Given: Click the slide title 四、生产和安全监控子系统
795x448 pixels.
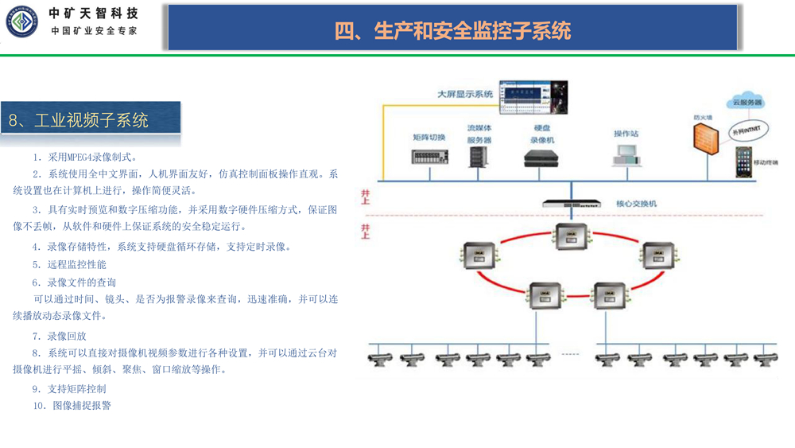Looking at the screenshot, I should click(452, 31).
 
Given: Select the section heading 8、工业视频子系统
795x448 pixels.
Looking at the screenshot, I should click(79, 121).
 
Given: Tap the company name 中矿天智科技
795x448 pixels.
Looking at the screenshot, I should click(93, 14).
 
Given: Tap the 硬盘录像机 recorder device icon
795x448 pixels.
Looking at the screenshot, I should click(542, 158).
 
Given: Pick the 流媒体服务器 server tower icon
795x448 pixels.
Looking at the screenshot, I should click(479, 156).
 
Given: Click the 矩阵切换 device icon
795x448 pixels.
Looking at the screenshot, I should click(429, 156).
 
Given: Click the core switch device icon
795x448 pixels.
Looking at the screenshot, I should click(570, 204).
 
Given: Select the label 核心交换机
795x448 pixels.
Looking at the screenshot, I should click(637, 204).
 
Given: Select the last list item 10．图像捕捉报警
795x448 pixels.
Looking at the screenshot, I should click(72, 405).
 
